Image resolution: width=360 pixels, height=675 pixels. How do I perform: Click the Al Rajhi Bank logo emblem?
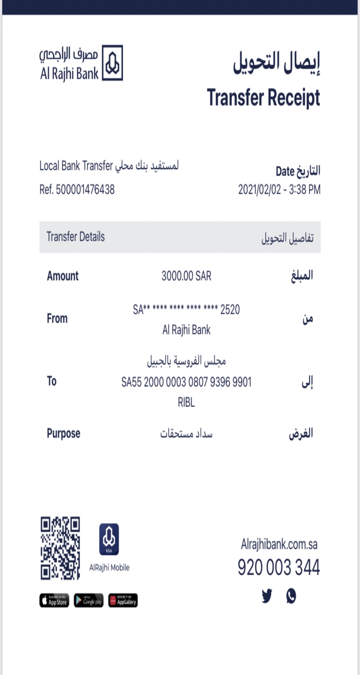112,63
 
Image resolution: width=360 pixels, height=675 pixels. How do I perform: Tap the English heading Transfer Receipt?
263,98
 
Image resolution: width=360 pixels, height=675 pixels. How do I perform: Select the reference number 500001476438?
85,190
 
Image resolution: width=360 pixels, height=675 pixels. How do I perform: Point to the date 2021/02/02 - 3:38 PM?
279,190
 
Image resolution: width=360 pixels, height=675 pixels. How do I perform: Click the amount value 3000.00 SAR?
186,276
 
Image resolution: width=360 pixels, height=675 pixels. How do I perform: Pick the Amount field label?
63,276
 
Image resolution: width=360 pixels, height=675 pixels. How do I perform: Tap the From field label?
57,319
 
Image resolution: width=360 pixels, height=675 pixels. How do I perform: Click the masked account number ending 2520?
186,310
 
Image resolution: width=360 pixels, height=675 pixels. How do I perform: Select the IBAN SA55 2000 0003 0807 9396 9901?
186,382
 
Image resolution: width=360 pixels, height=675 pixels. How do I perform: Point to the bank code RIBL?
186,403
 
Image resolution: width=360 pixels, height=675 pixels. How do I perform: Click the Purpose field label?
63,434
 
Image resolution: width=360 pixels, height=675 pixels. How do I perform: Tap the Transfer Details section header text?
76,237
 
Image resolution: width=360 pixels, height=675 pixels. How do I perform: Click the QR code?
60,548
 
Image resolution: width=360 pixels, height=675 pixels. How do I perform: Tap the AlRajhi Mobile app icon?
109,539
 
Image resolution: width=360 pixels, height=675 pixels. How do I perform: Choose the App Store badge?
54,600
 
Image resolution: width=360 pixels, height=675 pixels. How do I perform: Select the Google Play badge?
89,600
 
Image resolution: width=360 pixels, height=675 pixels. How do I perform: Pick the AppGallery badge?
123,600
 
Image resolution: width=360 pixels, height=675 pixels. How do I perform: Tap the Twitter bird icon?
267,596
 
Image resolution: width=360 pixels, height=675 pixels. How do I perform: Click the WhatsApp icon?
291,596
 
